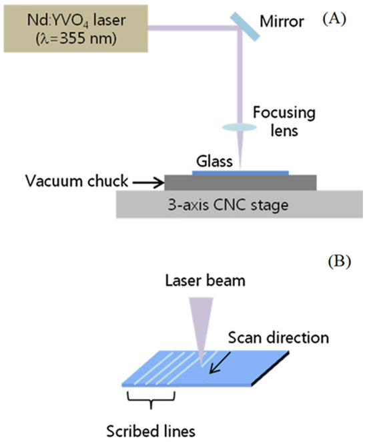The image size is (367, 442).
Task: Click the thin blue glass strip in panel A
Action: [x=240, y=172]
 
